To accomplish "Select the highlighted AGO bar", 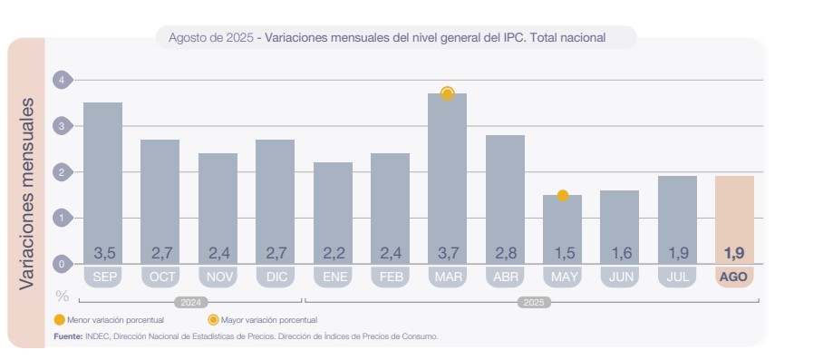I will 734,213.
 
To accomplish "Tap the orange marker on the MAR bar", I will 447,93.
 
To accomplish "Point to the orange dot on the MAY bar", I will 562,195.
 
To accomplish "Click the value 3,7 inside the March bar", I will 447,252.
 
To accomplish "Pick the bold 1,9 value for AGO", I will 734,252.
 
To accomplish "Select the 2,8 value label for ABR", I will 505,252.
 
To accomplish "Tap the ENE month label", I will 333,277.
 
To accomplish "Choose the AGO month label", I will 734,277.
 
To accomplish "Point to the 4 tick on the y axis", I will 61,80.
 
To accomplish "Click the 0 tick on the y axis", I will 61,264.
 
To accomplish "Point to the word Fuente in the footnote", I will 67,336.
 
